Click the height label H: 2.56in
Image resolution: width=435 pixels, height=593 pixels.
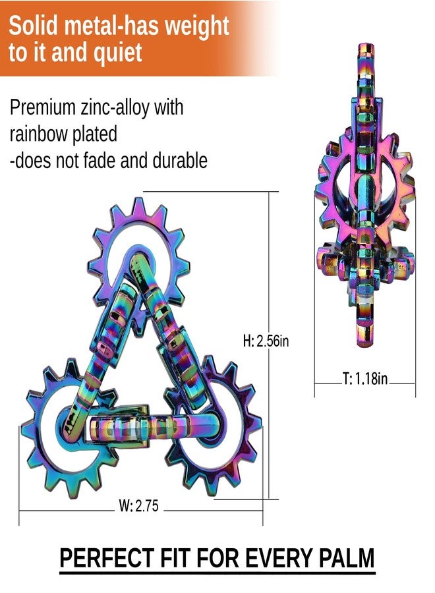click(266, 341)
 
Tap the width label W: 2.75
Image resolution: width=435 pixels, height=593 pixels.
click(139, 505)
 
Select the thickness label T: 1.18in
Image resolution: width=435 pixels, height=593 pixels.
click(365, 378)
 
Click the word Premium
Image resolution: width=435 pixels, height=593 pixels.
click(42, 107)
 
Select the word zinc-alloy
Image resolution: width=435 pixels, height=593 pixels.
click(115, 108)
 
